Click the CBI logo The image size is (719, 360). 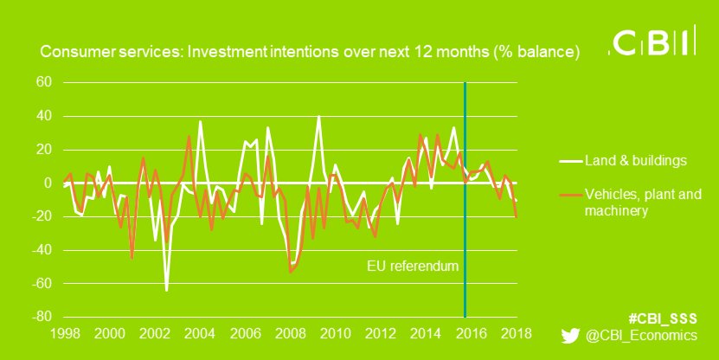coord(653,43)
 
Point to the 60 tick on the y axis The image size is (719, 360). coord(43,83)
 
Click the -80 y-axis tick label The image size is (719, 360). coord(41,318)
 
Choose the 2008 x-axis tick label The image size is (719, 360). coord(290,334)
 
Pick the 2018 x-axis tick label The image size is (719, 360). coord(517,334)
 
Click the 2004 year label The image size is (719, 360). coord(199,334)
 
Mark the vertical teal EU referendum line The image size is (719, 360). coord(465,216)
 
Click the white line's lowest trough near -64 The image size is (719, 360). coord(166,289)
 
